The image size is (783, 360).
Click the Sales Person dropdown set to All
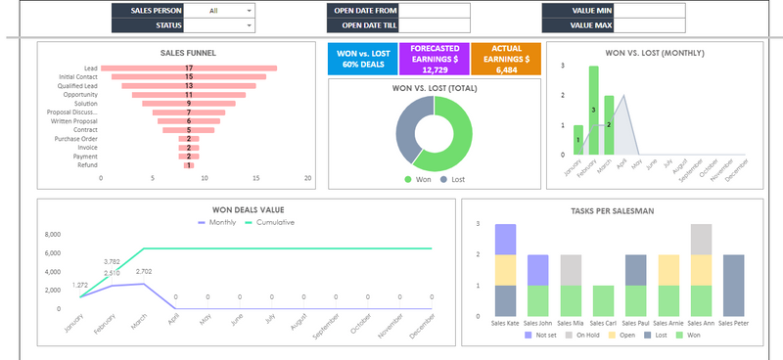[218, 11]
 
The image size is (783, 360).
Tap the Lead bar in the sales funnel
[189, 68]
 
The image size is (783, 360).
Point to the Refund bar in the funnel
[189, 164]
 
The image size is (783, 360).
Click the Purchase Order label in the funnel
[75, 138]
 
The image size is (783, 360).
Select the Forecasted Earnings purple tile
[435, 59]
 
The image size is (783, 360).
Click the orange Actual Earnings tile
[506, 59]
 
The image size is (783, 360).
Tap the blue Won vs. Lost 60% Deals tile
[362, 59]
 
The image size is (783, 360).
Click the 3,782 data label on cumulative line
[111, 261]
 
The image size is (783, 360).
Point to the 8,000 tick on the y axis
[52, 235]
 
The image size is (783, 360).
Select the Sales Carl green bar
[603, 299]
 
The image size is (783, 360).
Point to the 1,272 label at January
[80, 285]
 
